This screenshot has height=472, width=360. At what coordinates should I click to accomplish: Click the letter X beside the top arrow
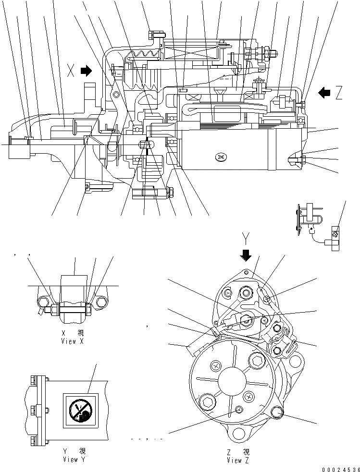(71, 72)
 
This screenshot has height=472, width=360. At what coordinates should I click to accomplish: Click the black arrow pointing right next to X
(87, 72)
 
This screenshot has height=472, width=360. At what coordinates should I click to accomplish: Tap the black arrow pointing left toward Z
(324, 93)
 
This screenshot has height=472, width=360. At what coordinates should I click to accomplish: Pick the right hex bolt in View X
(101, 303)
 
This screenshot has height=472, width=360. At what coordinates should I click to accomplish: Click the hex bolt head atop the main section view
(155, 35)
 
